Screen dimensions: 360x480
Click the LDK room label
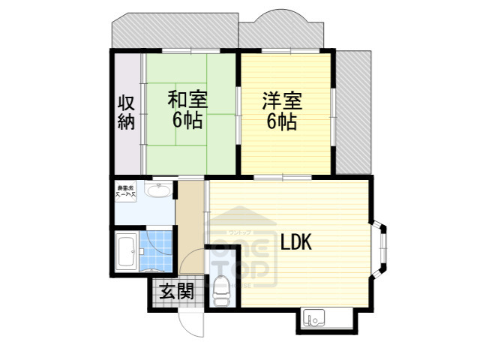(x=296, y=242)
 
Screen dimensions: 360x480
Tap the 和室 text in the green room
(x=187, y=99)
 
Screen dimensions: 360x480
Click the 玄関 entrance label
(x=177, y=290)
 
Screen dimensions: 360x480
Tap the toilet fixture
(x=221, y=289)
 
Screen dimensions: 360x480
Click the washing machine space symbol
(x=124, y=191)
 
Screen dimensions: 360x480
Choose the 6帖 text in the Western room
(x=281, y=121)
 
